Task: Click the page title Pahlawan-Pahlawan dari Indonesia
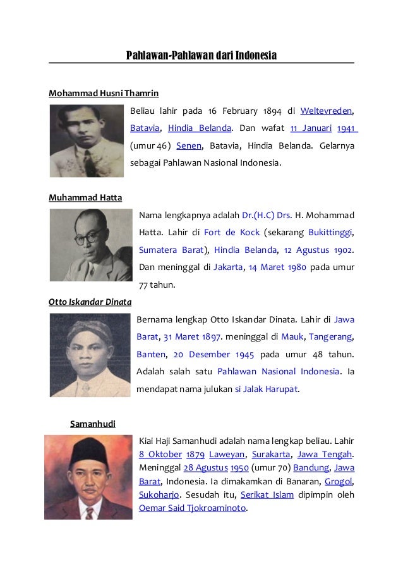[201, 56]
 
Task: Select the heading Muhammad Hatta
[85, 198]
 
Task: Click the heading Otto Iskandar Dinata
[90, 302]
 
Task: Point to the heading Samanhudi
[92, 423]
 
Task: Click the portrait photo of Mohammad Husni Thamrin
[87, 140]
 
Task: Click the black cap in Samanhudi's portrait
[88, 452]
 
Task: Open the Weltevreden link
[326, 111]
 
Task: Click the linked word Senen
[188, 145]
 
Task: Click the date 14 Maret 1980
[277, 267]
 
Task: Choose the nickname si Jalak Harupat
[266, 389]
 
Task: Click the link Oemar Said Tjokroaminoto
[192, 508]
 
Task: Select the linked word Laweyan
[226, 454]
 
